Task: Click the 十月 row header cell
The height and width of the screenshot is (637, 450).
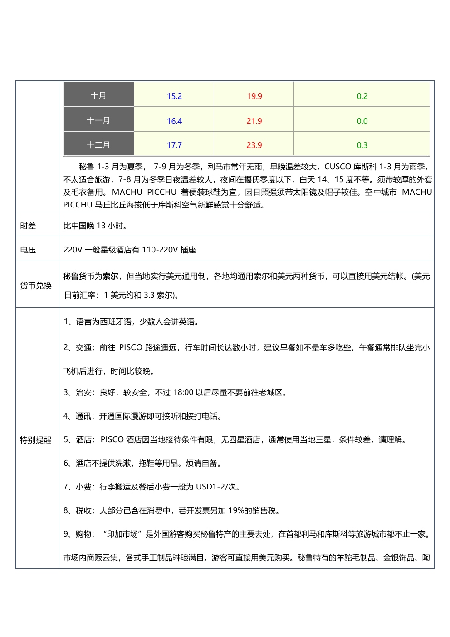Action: (98, 95)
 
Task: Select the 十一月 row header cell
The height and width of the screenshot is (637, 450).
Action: (98, 120)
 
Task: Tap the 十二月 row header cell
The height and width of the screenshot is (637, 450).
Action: (98, 145)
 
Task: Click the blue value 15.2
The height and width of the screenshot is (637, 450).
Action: (174, 96)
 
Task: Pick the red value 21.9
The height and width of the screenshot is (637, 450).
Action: (254, 121)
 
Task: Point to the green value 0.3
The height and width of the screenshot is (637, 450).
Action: (362, 145)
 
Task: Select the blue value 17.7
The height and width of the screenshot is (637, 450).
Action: (174, 145)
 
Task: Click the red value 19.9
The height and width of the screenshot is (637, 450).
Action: (254, 96)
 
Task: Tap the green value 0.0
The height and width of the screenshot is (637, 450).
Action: (362, 121)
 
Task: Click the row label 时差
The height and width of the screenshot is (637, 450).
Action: (28, 226)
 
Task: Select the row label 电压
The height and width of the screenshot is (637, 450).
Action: (28, 250)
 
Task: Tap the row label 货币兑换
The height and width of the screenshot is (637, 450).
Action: (36, 286)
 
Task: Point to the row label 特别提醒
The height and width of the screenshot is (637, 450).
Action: (36, 440)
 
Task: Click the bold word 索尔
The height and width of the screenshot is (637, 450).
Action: (110, 276)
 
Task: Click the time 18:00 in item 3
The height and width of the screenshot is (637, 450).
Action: (183, 392)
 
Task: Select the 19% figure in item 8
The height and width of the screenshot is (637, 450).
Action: (236, 510)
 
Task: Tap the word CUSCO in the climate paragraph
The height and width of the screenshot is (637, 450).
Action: (337, 167)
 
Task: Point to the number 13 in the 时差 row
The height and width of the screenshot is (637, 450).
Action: (101, 226)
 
